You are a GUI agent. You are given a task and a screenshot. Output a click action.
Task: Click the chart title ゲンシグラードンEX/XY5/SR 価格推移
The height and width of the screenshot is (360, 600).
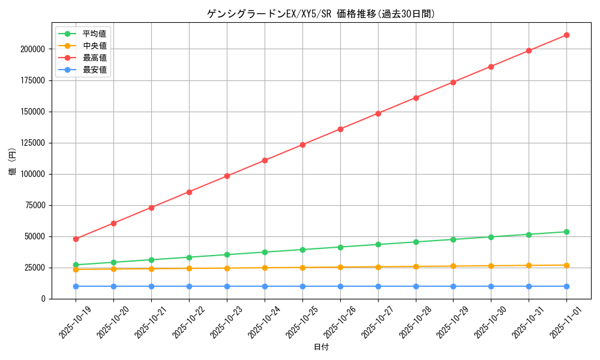[x=321, y=14]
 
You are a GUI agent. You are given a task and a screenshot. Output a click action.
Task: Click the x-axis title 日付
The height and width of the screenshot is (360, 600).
[x=321, y=347]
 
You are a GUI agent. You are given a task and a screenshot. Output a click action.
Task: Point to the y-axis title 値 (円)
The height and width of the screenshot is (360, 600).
[x=12, y=162]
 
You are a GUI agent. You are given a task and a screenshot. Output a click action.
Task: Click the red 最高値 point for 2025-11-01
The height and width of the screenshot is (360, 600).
[x=566, y=35]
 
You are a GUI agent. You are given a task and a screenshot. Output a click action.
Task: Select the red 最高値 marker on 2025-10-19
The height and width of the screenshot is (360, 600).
[x=76, y=239]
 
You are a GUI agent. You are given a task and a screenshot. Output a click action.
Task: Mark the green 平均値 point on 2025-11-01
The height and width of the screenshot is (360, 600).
[x=566, y=232]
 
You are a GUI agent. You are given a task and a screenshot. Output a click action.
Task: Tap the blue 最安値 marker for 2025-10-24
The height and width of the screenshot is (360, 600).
[x=265, y=286]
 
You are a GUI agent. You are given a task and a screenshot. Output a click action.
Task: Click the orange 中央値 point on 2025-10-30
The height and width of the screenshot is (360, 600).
[x=491, y=266]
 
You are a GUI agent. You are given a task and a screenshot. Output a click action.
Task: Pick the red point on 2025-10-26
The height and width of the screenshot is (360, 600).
[x=340, y=129]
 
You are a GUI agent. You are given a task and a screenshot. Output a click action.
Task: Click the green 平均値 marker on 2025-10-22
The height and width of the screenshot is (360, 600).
[x=189, y=257]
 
